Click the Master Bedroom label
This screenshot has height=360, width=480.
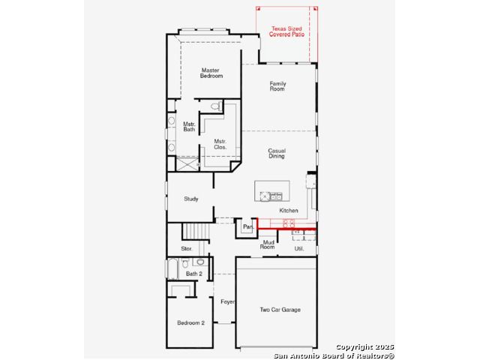pos(211,73)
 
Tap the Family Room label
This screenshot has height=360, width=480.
pos(277,86)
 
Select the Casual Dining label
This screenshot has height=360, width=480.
pos(277,153)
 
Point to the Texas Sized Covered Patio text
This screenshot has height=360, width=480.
pos(286,31)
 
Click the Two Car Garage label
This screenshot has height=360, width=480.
pos(280,310)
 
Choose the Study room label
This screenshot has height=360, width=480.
pos(191,199)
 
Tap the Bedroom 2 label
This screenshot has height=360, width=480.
pos(190,323)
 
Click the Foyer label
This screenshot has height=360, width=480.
pos(227,301)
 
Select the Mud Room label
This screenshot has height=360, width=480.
pos(267,244)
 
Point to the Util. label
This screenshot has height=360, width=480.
pos(299,249)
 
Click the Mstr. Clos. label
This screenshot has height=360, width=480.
pos(220,144)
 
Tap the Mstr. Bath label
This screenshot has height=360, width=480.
pos(189,127)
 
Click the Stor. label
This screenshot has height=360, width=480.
pos(187,249)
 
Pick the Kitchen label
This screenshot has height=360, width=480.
pos(289,211)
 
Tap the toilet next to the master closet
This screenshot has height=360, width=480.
pos(215,106)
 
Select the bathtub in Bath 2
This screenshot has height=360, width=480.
pos(173,268)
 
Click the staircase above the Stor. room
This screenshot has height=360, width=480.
pos(196,231)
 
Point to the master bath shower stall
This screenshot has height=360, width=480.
pos(187,163)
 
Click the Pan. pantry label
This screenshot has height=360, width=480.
pos(248,227)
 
